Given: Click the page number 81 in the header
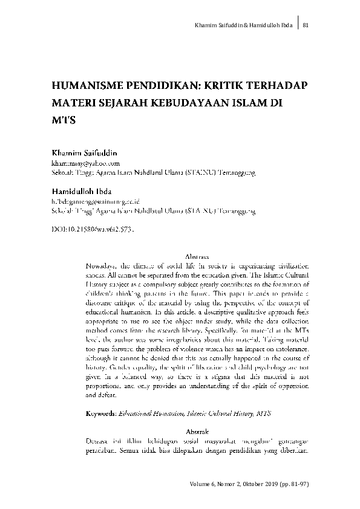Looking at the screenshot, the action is click(306, 25).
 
